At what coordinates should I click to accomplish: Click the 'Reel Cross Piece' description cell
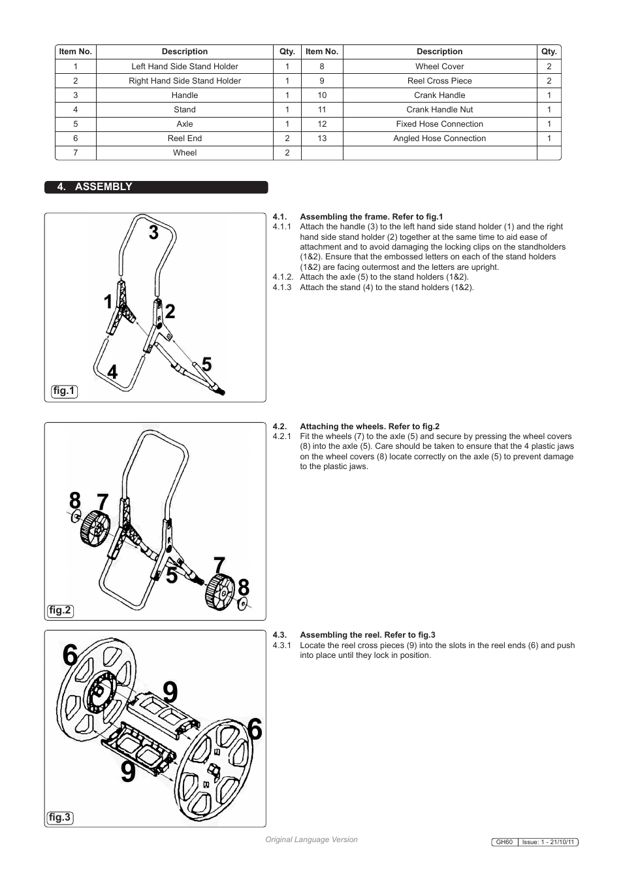[x=439, y=81]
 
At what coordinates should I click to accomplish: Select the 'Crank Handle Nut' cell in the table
[x=439, y=110]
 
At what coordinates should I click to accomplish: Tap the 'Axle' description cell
[x=184, y=124]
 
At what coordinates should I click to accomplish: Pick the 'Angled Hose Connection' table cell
[x=439, y=139]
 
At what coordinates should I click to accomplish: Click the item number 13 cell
[x=322, y=139]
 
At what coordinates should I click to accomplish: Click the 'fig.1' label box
[x=64, y=391]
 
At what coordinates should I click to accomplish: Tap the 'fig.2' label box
[x=60, y=611]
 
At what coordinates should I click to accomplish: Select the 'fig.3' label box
[x=59, y=817]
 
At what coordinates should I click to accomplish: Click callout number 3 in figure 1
[x=153, y=233]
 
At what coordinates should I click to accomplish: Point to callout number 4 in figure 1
[x=112, y=372]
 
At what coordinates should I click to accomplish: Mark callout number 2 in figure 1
[x=170, y=312]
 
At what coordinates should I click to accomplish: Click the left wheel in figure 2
[x=95, y=528]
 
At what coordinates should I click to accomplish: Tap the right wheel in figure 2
[x=220, y=592]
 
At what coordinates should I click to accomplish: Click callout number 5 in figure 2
[x=171, y=576]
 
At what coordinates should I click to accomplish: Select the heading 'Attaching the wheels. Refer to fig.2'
[x=369, y=427]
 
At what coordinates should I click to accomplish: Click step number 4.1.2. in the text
[x=283, y=277]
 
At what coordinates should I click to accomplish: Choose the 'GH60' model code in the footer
[x=504, y=842]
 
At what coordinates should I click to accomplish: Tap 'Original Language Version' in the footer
[x=311, y=840]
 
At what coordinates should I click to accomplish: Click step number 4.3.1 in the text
[x=281, y=645]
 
